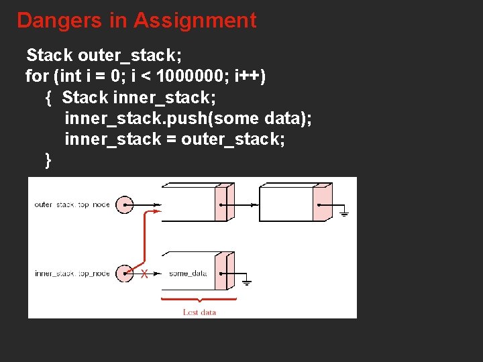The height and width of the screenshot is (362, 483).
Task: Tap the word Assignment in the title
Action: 195,20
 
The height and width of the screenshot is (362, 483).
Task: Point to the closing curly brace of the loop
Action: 48,160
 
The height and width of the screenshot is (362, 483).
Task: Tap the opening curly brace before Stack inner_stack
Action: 48,98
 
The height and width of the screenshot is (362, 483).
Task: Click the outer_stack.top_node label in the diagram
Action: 71,204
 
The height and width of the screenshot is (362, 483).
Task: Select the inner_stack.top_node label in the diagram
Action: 71,274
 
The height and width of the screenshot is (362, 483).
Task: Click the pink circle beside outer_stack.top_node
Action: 125,204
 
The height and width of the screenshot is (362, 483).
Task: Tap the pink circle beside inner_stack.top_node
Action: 125,274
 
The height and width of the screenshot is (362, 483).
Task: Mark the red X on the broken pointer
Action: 144,274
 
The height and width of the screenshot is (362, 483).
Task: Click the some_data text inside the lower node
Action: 187,274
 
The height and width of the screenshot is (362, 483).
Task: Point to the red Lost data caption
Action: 199,312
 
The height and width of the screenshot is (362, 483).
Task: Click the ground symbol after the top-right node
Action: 344,213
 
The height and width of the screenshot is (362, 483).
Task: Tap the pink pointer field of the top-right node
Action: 323,204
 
